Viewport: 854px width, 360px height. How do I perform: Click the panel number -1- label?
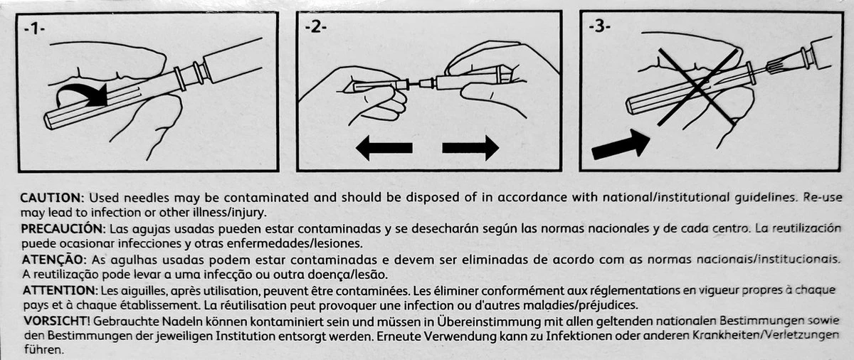pyautogui.click(x=34, y=29)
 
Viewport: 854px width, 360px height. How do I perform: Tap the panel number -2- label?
pyautogui.click(x=316, y=28)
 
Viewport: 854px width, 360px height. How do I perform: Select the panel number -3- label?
pyautogui.click(x=600, y=26)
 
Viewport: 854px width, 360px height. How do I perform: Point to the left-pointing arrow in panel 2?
pyautogui.click(x=384, y=148)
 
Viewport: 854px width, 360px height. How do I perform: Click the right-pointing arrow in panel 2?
pyautogui.click(x=470, y=148)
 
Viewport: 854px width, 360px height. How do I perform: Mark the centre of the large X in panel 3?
pyautogui.click(x=697, y=87)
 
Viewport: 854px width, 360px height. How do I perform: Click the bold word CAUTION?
pyautogui.click(x=51, y=198)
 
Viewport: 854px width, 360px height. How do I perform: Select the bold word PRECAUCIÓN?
pyautogui.click(x=63, y=229)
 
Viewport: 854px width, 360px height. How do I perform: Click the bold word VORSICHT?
pyautogui.click(x=57, y=321)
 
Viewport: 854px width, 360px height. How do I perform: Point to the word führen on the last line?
pyautogui.click(x=44, y=350)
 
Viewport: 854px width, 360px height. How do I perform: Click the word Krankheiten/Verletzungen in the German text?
pyautogui.click(x=765, y=336)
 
